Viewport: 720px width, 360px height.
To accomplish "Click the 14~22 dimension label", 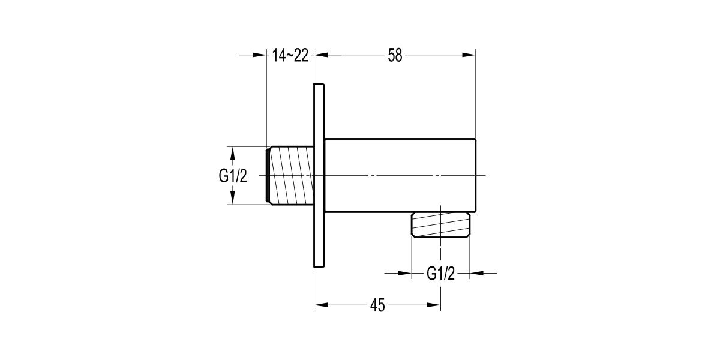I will [290, 56].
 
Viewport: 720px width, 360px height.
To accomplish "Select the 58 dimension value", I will [394, 56].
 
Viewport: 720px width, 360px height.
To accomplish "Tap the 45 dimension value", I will [377, 305].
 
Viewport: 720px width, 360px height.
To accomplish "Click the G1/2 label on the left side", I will [232, 176].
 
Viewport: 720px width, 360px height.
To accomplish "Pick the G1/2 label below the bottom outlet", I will [440, 274].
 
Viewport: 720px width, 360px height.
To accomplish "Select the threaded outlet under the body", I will [440, 226].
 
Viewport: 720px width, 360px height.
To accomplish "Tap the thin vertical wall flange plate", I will [319, 176].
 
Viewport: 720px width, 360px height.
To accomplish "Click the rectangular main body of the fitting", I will [400, 176].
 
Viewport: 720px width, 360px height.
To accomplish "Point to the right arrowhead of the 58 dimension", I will [469, 56].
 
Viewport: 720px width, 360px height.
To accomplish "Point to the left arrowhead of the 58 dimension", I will [321, 56].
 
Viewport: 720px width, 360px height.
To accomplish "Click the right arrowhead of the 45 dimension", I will [435, 305].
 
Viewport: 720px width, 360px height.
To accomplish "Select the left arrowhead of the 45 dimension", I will [321, 305].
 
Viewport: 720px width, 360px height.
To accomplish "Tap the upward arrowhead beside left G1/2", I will [232, 152].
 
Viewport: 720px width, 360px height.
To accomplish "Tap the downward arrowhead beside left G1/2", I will [232, 200].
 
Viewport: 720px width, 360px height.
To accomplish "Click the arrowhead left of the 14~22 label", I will [260, 56].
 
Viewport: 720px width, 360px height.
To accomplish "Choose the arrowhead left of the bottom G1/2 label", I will [405, 274].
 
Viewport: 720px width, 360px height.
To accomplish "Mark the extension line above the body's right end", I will [475, 96].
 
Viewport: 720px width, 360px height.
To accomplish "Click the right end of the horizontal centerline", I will [486, 176].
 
